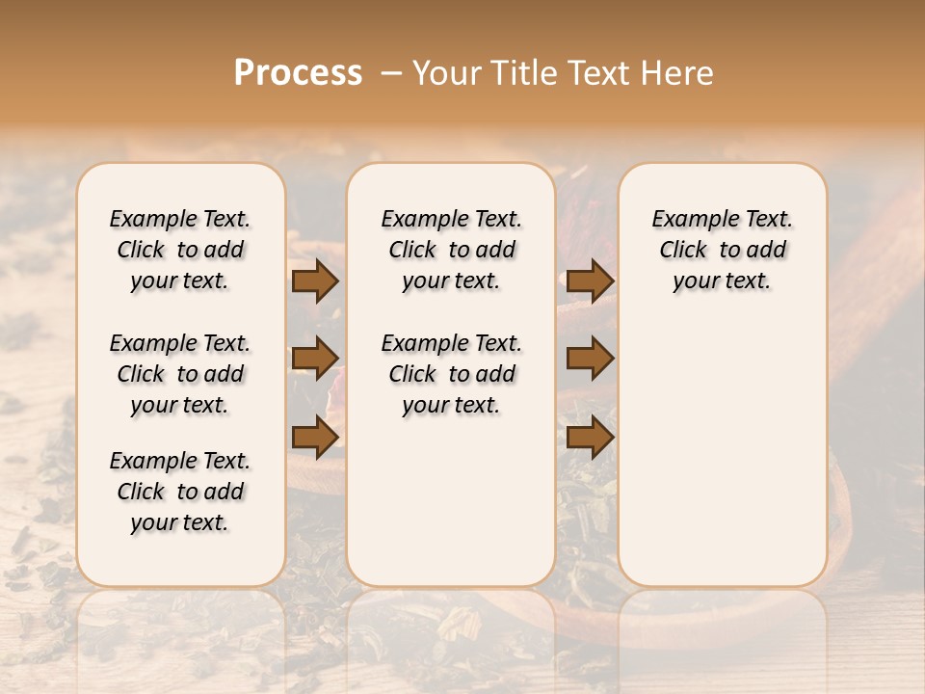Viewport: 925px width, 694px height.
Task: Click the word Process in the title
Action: (298, 72)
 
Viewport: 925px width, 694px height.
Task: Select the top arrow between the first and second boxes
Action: (315, 280)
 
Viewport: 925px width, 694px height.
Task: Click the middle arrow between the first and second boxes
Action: (315, 359)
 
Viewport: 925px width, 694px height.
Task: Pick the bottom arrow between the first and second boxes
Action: (315, 438)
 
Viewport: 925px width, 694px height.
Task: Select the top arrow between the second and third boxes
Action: (590, 280)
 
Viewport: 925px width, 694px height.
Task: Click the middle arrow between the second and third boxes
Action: (590, 359)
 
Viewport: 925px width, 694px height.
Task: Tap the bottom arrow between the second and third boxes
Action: (590, 438)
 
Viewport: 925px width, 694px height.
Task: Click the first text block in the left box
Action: (180, 250)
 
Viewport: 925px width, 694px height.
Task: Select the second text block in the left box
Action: (180, 374)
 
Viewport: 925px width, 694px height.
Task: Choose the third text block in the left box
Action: (180, 492)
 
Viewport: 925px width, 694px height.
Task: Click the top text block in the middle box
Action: (451, 250)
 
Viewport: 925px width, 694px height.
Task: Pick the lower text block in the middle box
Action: (451, 374)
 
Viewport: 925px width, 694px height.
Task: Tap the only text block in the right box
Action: (722, 250)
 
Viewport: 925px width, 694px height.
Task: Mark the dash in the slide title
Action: (391, 73)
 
